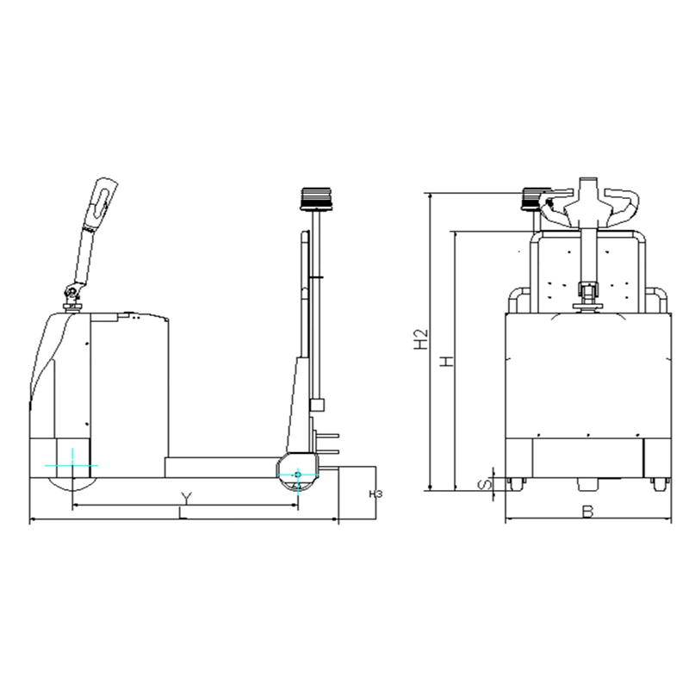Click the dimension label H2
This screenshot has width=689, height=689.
click(x=421, y=338)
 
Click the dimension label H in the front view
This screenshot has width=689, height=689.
click(x=447, y=362)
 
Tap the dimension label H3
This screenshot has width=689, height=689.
click(x=376, y=493)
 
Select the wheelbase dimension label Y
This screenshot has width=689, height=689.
click(x=187, y=499)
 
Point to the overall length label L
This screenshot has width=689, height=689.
click(x=183, y=513)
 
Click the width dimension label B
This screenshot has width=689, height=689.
click(x=587, y=512)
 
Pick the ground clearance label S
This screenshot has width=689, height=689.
click(x=484, y=485)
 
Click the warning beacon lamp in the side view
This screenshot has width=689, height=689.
click(x=315, y=199)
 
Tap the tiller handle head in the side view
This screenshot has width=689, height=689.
click(x=104, y=200)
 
